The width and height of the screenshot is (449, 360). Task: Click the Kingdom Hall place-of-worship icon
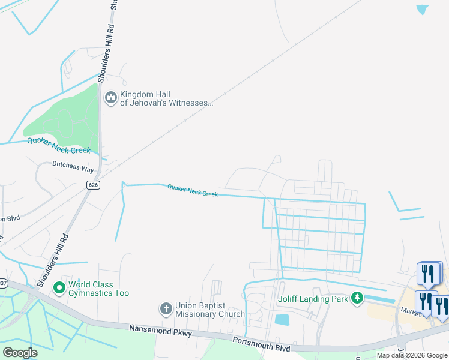110,98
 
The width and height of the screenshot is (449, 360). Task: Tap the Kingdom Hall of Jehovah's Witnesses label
166,98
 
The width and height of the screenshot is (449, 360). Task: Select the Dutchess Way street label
73,166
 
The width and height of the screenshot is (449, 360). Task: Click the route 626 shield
92,184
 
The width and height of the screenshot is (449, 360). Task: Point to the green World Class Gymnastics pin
59,289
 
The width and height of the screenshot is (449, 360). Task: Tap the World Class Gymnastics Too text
98,289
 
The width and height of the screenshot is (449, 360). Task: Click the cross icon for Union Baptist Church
166,309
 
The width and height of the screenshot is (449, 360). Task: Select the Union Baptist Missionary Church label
209,310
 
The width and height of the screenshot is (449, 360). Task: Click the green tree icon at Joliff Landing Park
357,298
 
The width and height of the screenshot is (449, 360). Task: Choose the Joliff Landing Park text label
312,299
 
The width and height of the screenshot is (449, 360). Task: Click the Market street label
411,311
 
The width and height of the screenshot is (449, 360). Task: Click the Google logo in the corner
20,352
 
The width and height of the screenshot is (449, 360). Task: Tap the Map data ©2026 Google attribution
412,355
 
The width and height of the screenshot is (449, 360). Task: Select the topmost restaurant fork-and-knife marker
429,274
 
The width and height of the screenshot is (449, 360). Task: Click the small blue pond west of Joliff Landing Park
282,319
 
